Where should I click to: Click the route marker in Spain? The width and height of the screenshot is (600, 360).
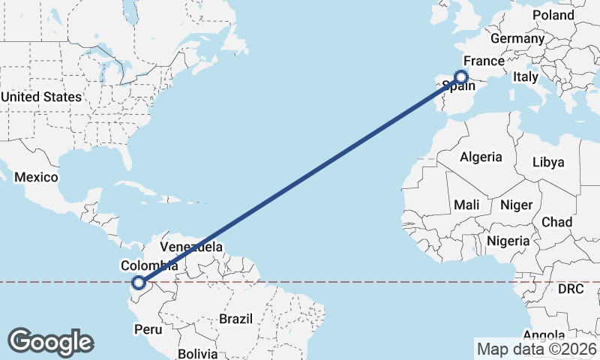pyautogui.click(x=461, y=76)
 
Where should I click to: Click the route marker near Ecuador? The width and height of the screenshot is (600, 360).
pyautogui.click(x=138, y=283)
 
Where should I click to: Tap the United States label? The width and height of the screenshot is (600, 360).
pyautogui.click(x=41, y=97)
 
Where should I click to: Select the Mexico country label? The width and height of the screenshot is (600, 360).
pyautogui.click(x=36, y=177)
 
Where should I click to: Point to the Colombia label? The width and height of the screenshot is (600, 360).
pyautogui.click(x=149, y=265)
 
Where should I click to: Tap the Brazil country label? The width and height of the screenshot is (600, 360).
pyautogui.click(x=236, y=319)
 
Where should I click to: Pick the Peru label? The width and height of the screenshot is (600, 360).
pyautogui.click(x=147, y=329)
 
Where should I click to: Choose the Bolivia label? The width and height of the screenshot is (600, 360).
pyautogui.click(x=198, y=352)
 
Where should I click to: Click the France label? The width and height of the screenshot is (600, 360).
pyautogui.click(x=481, y=61)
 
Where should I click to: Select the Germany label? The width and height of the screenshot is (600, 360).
pyautogui.click(x=517, y=38)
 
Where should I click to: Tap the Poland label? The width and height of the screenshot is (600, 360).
pyautogui.click(x=553, y=15)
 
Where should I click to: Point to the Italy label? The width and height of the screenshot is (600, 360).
pyautogui.click(x=526, y=76)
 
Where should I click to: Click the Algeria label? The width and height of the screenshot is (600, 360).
pyautogui.click(x=480, y=157)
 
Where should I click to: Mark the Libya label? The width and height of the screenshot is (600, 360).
pyautogui.click(x=548, y=162)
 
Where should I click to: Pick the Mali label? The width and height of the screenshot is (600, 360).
pyautogui.click(x=466, y=205)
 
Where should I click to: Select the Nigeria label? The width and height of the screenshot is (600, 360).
pyautogui.click(x=508, y=241)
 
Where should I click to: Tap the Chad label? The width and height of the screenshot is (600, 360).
pyautogui.click(x=556, y=222)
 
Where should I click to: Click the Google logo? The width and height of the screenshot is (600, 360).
pyautogui.click(x=50, y=341)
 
